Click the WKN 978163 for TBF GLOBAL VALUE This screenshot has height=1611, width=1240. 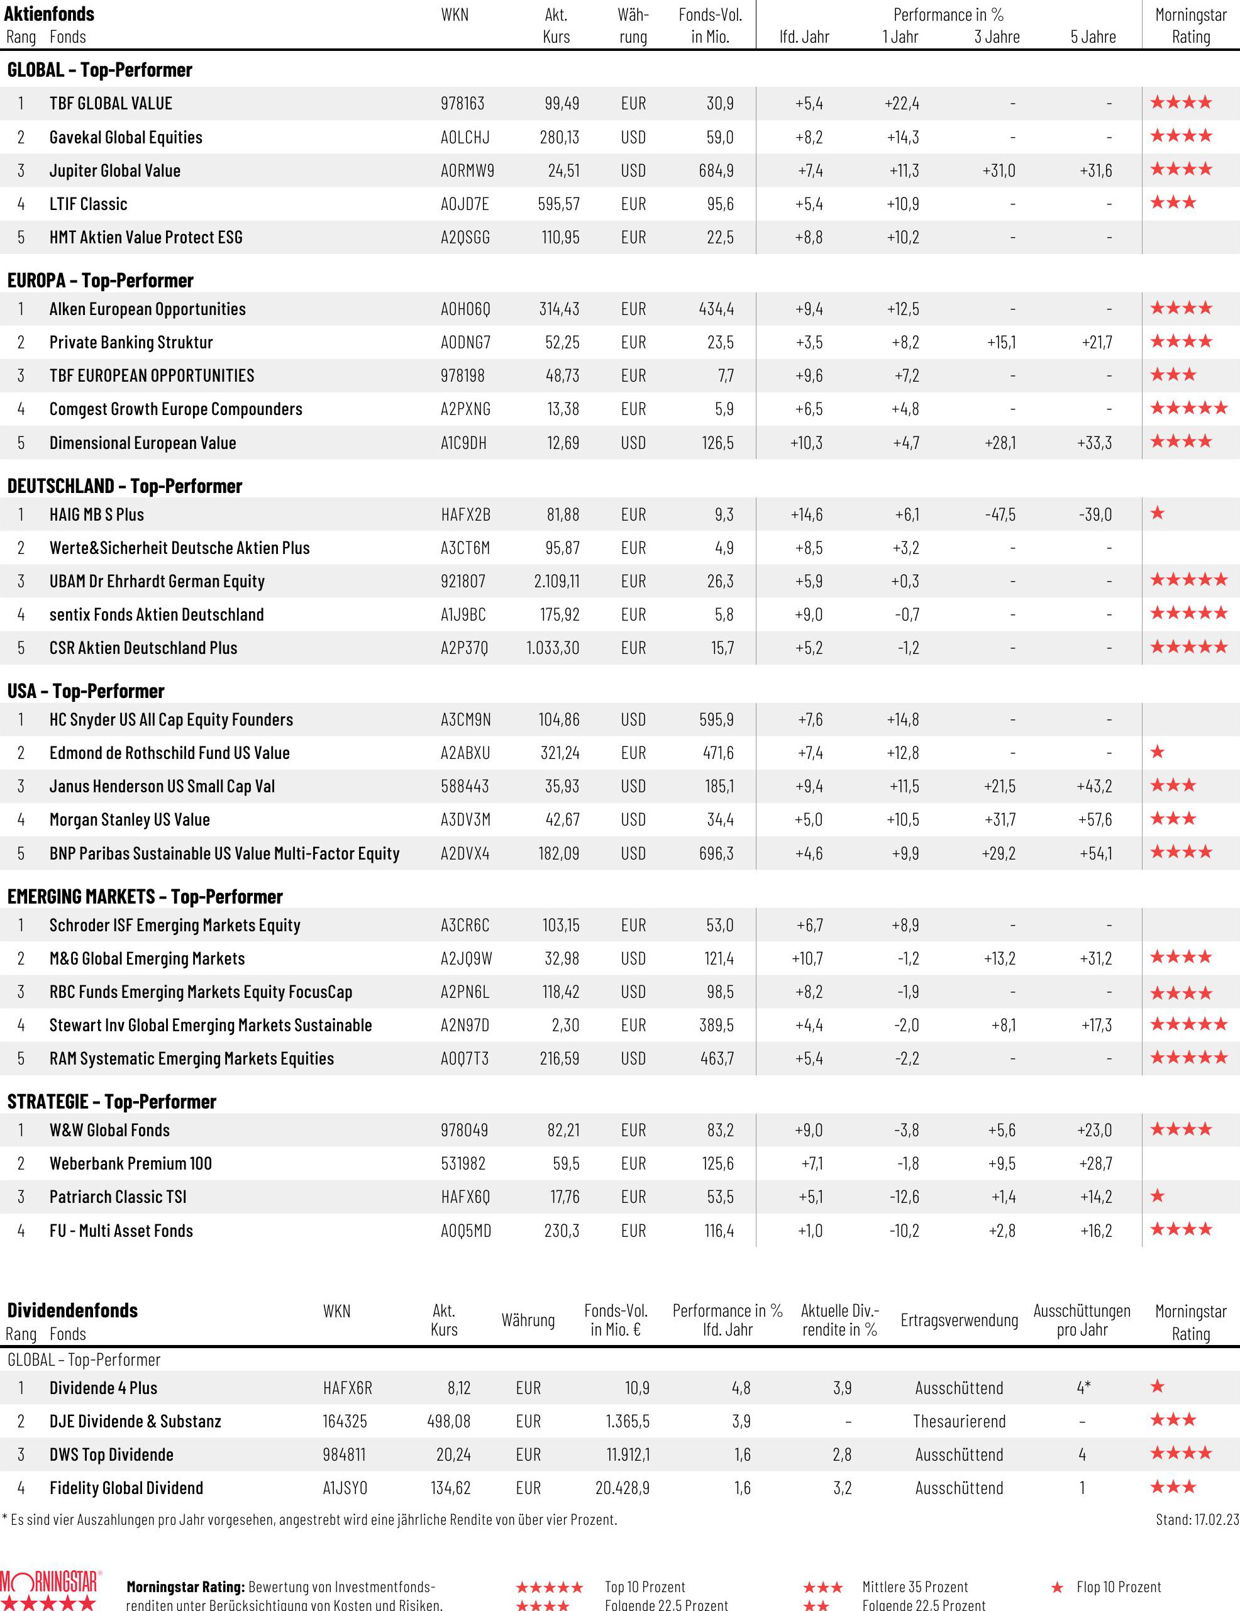pos(463,103)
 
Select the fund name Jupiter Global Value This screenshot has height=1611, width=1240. pos(114,170)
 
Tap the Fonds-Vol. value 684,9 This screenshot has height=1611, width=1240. pos(716,170)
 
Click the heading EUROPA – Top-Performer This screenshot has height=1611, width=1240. pos(101,280)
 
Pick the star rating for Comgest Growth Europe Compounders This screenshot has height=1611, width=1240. pos(1188,408)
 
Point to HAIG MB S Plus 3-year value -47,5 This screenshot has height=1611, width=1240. pos(1000,514)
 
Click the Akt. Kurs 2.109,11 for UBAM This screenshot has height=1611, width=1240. pos(556,581)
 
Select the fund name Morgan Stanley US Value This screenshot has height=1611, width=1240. pos(129,819)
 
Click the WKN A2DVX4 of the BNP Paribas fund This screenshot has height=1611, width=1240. pos(465,853)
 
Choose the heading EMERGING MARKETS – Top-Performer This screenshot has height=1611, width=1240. pos(145,896)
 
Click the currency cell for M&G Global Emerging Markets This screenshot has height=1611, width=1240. pos(633,958)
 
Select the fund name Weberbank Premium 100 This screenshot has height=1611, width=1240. pos(131,1163)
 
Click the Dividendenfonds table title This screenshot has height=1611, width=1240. pos(72,1310)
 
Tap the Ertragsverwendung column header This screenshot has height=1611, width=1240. pos(958,1320)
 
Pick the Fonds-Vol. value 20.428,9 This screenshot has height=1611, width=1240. pos(622,1488)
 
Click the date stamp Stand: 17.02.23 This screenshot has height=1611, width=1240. pos(1197,1520)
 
